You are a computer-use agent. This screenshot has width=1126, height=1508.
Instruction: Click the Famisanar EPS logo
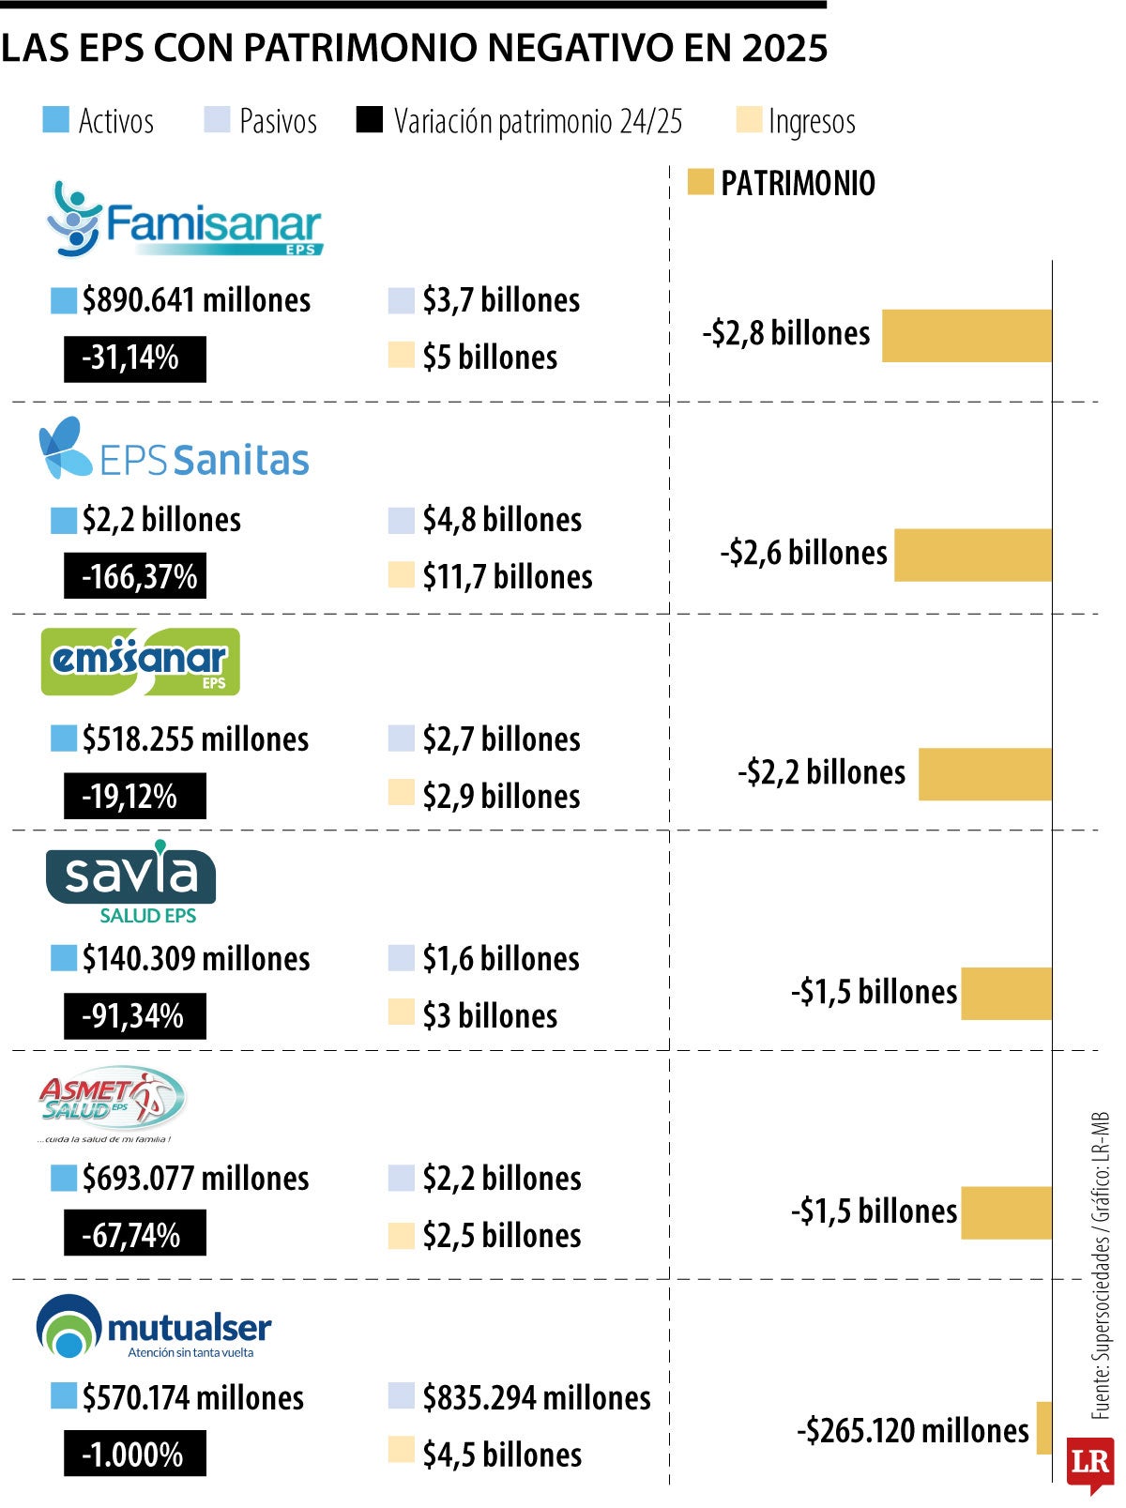click(184, 220)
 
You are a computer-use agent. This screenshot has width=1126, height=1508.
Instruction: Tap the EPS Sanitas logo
click(174, 449)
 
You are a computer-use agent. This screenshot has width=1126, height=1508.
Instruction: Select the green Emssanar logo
click(140, 662)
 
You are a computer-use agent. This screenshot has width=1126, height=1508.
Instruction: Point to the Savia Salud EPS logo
click(130, 881)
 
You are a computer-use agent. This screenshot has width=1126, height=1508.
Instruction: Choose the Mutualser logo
click(153, 1327)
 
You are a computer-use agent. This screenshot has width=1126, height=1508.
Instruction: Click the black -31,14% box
click(135, 358)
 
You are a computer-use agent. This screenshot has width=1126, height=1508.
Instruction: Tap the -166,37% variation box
click(135, 576)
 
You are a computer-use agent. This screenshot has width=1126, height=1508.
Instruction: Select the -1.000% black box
click(135, 1454)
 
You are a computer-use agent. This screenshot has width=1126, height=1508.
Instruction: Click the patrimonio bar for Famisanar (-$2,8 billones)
click(966, 335)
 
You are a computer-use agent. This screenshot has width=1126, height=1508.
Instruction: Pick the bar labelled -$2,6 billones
click(973, 555)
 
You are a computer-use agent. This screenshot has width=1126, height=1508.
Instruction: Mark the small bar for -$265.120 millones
click(1043, 1427)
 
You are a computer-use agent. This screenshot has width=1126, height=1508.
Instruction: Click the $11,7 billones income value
click(508, 576)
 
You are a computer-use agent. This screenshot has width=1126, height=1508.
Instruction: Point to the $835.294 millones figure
click(537, 1397)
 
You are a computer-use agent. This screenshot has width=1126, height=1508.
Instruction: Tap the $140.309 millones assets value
click(196, 958)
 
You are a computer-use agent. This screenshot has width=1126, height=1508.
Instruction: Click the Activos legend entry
click(99, 121)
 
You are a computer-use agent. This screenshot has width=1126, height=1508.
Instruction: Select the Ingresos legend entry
click(796, 122)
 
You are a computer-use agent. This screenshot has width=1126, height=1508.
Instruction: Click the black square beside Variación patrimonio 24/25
click(369, 119)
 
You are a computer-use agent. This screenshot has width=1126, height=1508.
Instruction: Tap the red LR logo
click(1090, 1464)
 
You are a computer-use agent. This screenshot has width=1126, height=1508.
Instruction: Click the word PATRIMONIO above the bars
click(798, 183)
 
